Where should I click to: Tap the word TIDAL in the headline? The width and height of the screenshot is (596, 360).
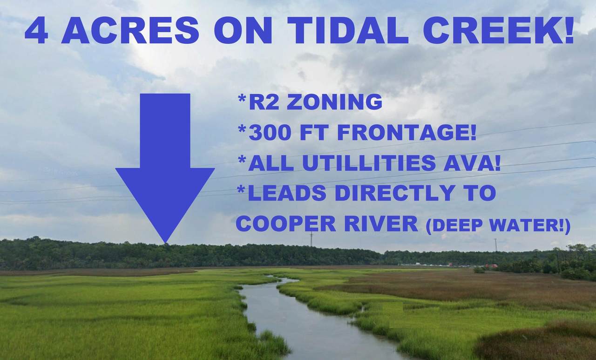pyautogui.click(x=348, y=30)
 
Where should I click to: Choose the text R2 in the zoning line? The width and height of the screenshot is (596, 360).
pyautogui.click(x=264, y=102)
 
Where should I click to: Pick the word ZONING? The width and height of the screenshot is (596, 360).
pyautogui.click(x=334, y=102)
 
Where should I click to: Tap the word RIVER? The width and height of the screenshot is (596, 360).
pyautogui.click(x=381, y=224)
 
